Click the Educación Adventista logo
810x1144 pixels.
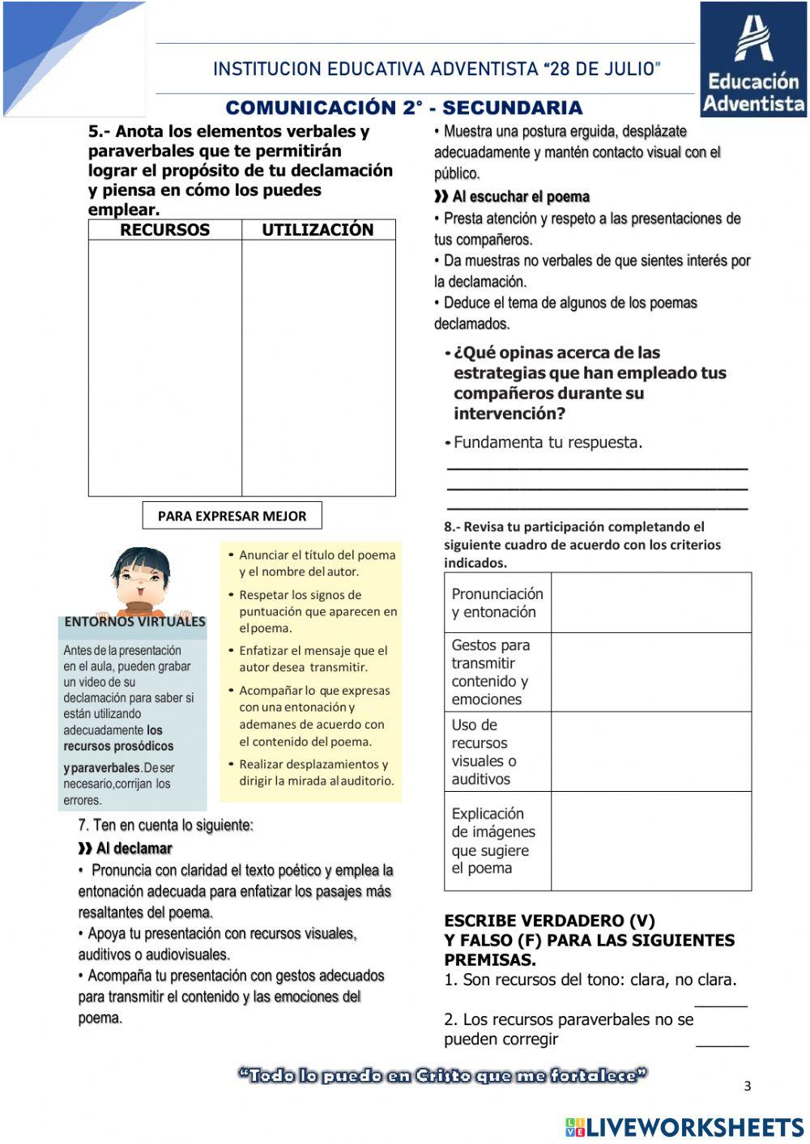(753, 60)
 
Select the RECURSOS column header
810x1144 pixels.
(164, 230)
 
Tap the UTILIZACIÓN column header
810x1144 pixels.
(318, 230)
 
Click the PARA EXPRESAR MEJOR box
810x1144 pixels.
(232, 516)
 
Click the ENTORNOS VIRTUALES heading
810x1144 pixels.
(134, 622)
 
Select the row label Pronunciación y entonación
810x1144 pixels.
(497, 603)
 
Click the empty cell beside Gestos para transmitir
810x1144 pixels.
(650, 672)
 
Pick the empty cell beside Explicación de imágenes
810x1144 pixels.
(650, 841)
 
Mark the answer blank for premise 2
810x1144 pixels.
(722, 1041)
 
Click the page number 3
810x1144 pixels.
(748, 1087)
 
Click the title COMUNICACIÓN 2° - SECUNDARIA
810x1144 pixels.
(403, 108)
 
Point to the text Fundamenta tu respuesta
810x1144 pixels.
(548, 443)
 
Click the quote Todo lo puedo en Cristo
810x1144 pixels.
(442, 1076)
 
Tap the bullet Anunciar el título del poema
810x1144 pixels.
(317, 563)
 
